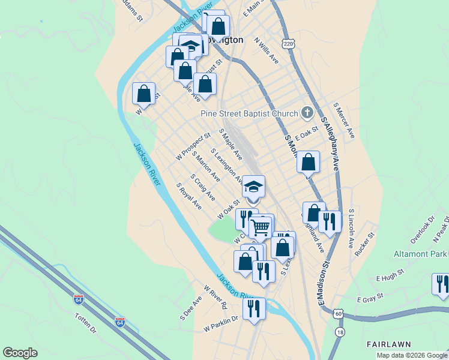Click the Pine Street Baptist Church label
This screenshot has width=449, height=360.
pos(249,113)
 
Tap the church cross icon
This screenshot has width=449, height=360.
pos(307,112)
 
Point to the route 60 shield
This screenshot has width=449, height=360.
pos(339,314)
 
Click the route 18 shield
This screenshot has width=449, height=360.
pos(340,332)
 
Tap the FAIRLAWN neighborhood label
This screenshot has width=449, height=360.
pos(388,344)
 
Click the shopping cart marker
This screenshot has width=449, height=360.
pos(260,227)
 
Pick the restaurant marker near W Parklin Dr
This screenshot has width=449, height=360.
pos(254,308)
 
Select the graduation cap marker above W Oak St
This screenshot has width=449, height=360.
pos(253,187)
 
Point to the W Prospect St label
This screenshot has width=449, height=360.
pos(193,146)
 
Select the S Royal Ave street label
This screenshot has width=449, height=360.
pos(189,196)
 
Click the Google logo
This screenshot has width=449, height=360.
pos(20,352)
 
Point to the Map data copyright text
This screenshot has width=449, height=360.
pos(411,355)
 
